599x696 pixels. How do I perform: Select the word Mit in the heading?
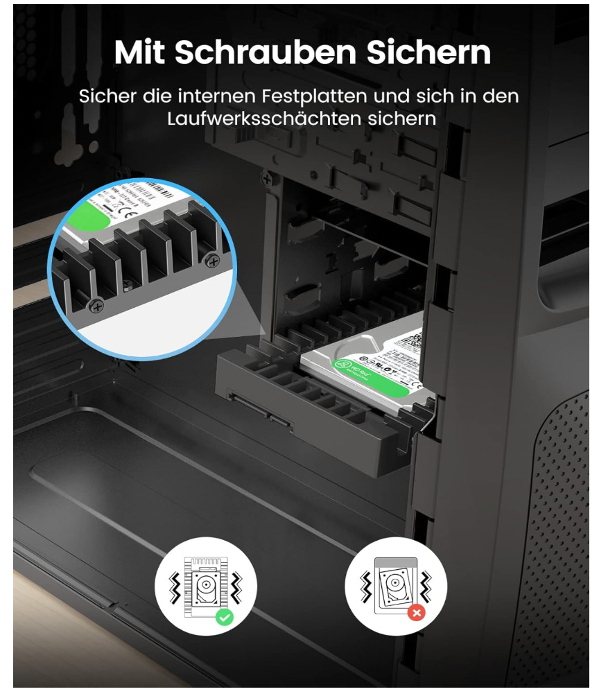coord(141,52)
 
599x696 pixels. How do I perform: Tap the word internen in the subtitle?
coord(221,96)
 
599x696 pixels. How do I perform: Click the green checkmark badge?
coord(224,617)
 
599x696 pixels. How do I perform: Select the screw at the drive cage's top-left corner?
coord(266,179)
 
